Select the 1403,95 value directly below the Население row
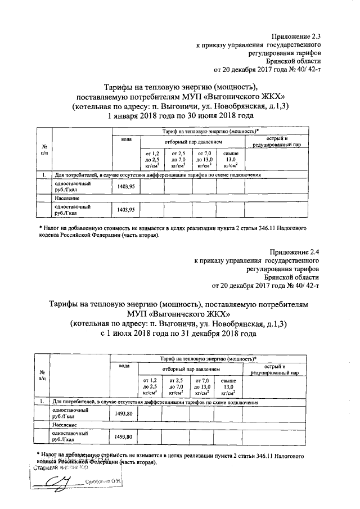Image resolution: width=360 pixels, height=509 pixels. click(x=125, y=210)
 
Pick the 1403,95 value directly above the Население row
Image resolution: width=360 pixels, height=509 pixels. click(x=125, y=187)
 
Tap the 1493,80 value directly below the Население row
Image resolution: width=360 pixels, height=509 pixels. click(x=124, y=437)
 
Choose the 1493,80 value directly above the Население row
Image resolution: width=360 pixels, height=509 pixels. click(x=124, y=414)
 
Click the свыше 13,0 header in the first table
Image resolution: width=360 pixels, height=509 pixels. click(x=231, y=160)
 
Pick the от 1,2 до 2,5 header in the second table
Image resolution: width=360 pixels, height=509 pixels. click(x=150, y=387)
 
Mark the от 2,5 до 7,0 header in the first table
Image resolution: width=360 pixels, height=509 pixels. click(x=178, y=160)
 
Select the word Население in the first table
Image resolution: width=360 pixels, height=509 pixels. click(x=66, y=199)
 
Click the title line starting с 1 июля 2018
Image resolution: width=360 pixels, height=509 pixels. click(x=178, y=333)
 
